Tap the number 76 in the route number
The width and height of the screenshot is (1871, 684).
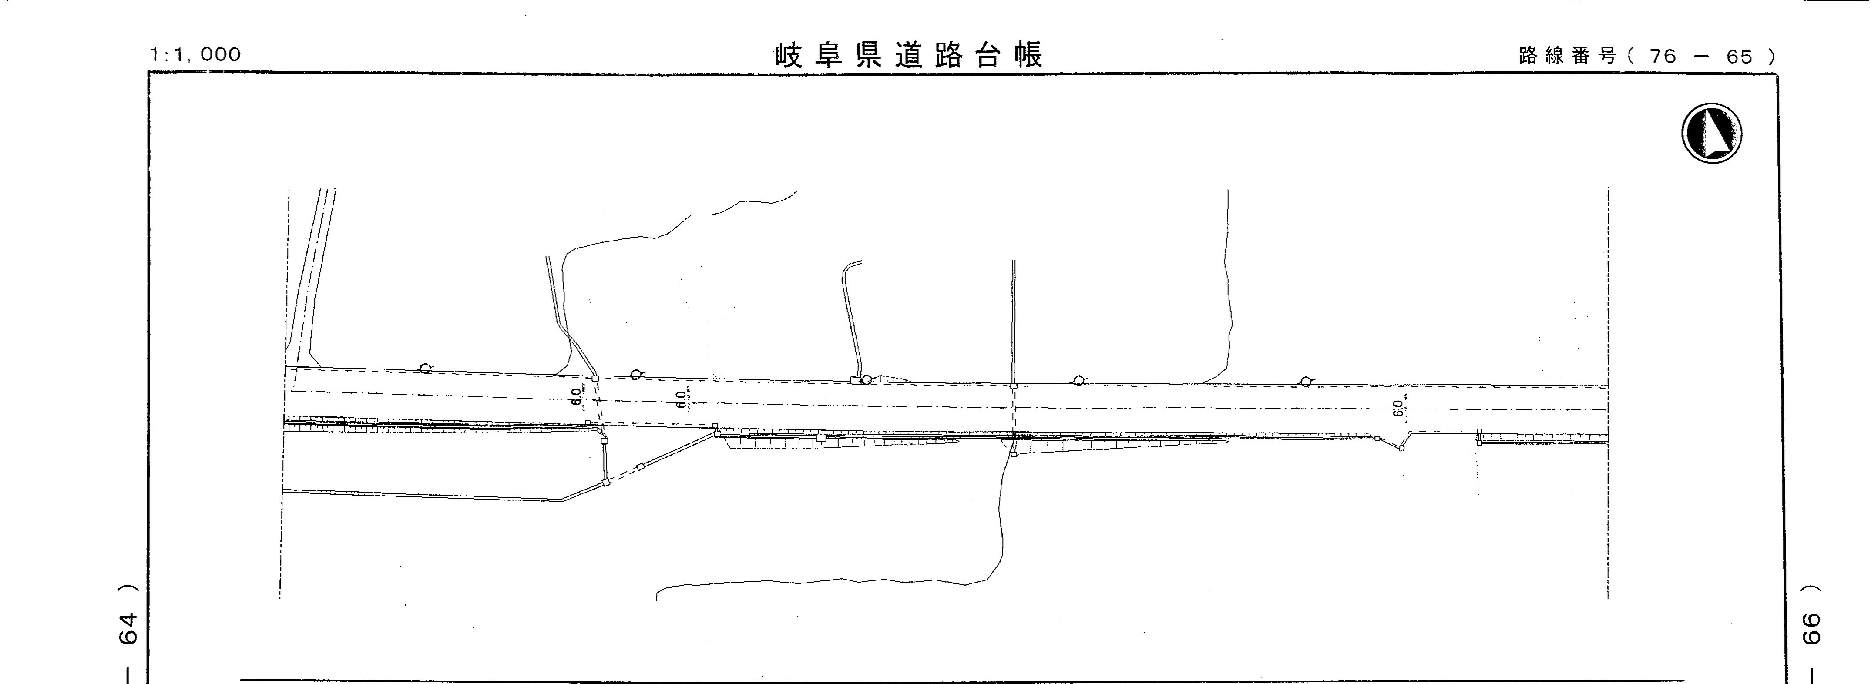(x=1663, y=57)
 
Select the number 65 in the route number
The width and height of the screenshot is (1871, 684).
(x=1740, y=57)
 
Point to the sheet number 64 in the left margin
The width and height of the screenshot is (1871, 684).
(x=128, y=628)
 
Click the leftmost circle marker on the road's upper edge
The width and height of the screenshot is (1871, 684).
(x=425, y=368)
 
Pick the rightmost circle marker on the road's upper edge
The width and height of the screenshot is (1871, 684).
(x=1305, y=381)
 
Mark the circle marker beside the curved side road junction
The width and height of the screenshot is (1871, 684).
(x=866, y=379)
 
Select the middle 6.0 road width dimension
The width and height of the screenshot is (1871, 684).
(x=681, y=399)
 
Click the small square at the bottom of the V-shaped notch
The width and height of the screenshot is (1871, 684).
(x=1401, y=448)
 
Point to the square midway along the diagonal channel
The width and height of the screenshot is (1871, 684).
(x=639, y=466)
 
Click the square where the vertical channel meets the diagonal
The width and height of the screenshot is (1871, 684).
(x=605, y=481)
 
